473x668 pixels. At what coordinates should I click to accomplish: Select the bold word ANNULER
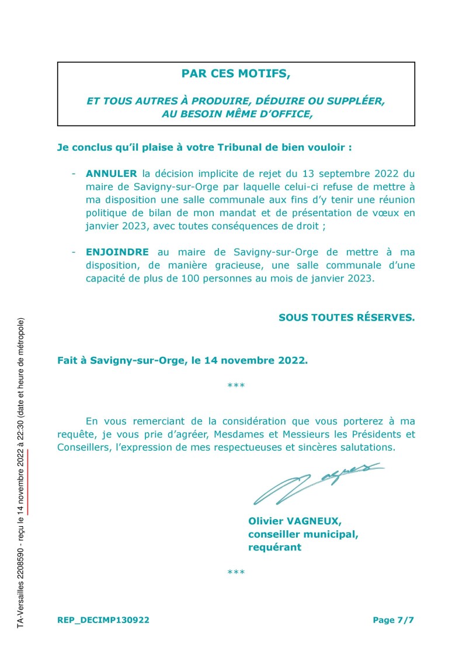pyautogui.click(x=111, y=174)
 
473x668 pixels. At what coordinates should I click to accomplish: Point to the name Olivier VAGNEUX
pyautogui.click(x=295, y=520)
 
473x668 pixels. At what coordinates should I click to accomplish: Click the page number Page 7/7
pyautogui.click(x=393, y=620)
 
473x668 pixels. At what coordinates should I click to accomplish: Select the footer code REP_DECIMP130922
pyautogui.click(x=103, y=620)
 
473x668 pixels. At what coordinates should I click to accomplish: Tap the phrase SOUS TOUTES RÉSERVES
pyautogui.click(x=346, y=318)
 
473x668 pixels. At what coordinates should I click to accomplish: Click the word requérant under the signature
pyautogui.click(x=274, y=547)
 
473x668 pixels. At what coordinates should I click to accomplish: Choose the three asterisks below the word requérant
pyautogui.click(x=235, y=573)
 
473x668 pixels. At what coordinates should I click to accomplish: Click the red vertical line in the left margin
pyautogui.click(x=27, y=482)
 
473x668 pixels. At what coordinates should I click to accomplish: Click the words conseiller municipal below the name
pyautogui.click(x=303, y=534)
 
